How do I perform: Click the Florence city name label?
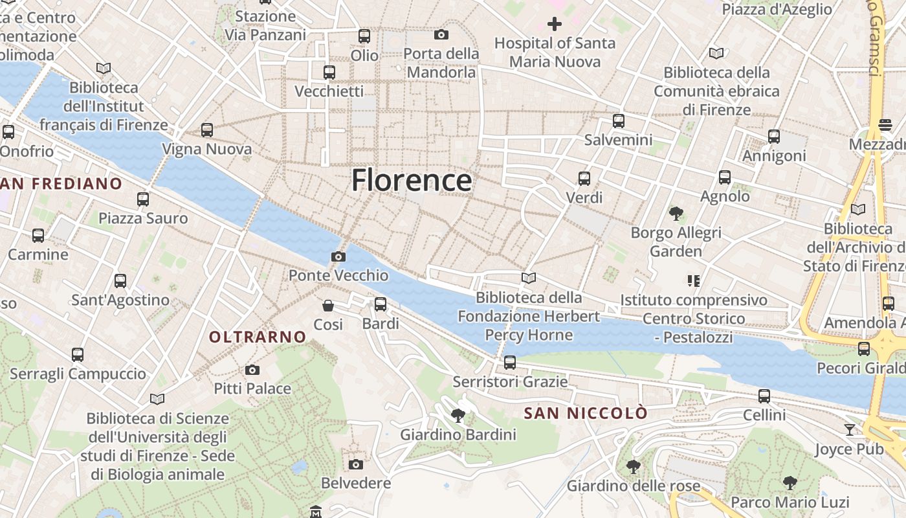point(411,180)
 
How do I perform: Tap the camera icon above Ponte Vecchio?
point(338,256)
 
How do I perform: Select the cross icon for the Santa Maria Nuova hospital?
point(554,25)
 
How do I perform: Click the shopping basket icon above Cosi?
point(328,305)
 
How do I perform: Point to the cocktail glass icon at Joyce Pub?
point(849,430)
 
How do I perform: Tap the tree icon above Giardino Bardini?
point(458,415)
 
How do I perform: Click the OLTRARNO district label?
point(257,337)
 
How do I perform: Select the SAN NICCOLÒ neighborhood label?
point(585,413)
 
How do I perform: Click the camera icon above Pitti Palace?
point(252,370)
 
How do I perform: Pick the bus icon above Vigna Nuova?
point(207,130)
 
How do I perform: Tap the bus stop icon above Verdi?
point(584,178)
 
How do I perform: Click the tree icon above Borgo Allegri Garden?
point(676,213)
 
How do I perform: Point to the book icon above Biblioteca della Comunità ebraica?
point(716,53)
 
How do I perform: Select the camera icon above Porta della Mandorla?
point(441,34)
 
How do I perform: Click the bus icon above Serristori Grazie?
point(510,363)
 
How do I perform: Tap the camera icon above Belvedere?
point(355,464)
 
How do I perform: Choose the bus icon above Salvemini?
point(619,120)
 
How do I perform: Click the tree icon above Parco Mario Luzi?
point(790,482)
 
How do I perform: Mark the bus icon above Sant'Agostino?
point(120,281)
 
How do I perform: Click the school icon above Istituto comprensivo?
point(694,281)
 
